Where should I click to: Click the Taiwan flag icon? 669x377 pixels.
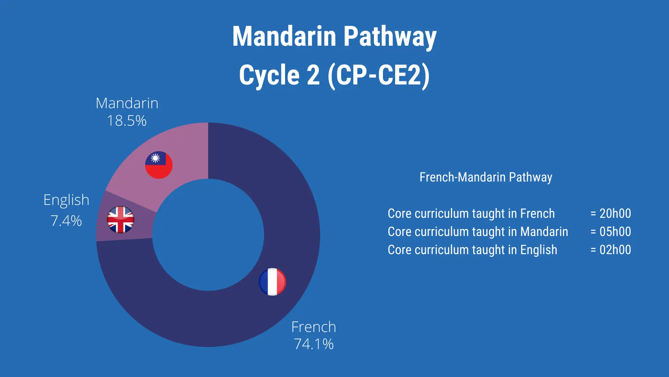click(x=159, y=165)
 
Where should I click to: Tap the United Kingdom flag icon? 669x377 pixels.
click(x=121, y=220)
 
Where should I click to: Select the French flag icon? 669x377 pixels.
click(x=272, y=282)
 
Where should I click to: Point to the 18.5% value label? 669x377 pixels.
click(x=126, y=121)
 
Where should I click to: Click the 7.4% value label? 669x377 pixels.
click(x=66, y=221)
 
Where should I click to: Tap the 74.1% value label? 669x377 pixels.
click(x=314, y=344)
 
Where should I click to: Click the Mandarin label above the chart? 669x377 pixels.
click(x=127, y=103)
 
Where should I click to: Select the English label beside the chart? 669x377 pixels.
click(x=66, y=200)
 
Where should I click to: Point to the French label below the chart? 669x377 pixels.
click(x=314, y=327)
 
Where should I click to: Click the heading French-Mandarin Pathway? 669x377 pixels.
click(x=486, y=177)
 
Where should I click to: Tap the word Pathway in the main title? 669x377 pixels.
click(x=390, y=37)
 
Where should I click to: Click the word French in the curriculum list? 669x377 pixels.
click(x=537, y=213)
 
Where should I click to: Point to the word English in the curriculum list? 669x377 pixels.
click(x=539, y=250)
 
